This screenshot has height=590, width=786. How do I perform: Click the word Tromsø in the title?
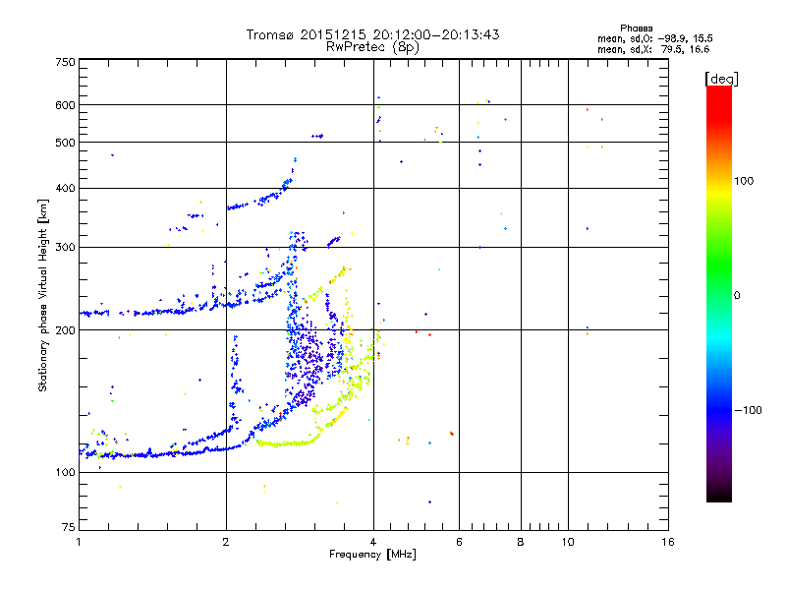pyautogui.click(x=271, y=34)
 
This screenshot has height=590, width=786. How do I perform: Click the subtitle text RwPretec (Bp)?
pyautogui.click(x=373, y=46)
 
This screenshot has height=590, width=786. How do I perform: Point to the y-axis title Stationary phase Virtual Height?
pyautogui.click(x=43, y=295)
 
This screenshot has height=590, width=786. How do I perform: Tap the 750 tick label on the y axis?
pyautogui.click(x=65, y=62)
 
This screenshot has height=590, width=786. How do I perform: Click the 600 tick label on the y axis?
pyautogui.click(x=65, y=105)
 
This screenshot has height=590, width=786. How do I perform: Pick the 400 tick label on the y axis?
pyautogui.click(x=65, y=189)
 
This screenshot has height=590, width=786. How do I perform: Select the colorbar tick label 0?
pyautogui.click(x=737, y=295)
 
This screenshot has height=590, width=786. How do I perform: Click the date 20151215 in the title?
pyautogui.click(x=337, y=34)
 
